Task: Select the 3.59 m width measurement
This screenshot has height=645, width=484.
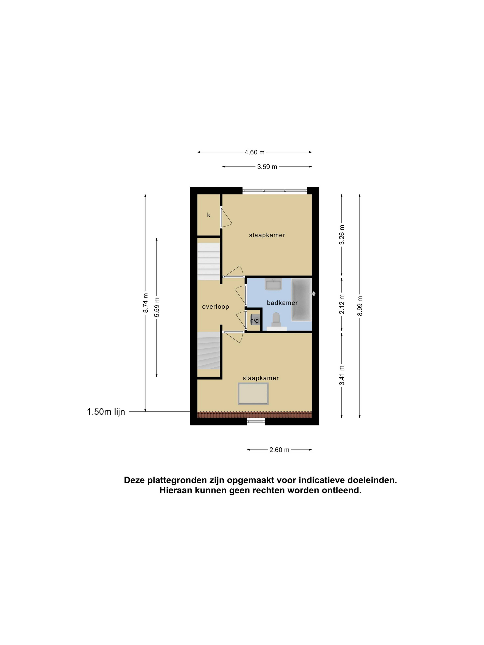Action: click(x=264, y=165)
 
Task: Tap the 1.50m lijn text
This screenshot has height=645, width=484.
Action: click(x=105, y=407)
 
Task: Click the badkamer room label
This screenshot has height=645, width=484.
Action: click(x=279, y=299)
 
